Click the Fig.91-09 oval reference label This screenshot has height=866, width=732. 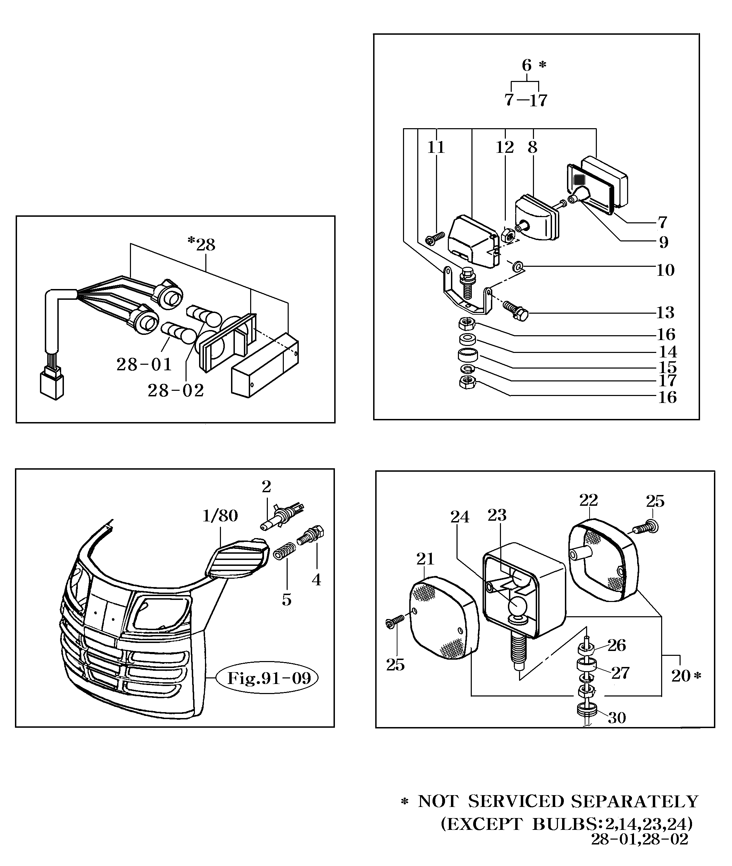(269, 678)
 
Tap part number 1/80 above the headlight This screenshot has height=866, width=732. (220, 516)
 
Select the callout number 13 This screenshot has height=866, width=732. (665, 312)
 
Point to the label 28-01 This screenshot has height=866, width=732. (144, 365)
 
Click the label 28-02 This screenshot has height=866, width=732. (176, 390)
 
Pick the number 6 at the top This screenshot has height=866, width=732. (527, 65)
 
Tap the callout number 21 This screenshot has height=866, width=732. (425, 559)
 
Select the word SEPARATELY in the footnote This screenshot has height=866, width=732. (635, 802)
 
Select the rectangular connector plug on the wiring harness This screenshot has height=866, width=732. (52, 382)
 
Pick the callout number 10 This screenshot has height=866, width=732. (665, 270)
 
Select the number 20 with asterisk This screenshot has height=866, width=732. (685, 676)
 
